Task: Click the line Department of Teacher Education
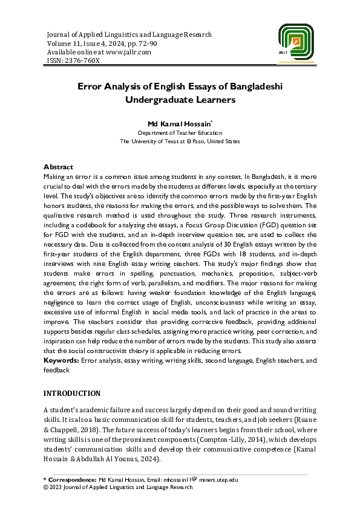[180, 132]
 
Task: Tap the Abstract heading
[58, 167]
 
